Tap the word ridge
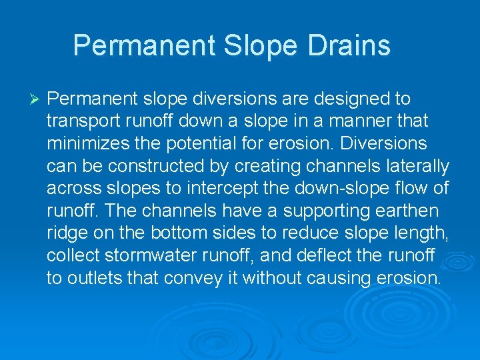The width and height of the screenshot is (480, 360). click(x=67, y=233)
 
